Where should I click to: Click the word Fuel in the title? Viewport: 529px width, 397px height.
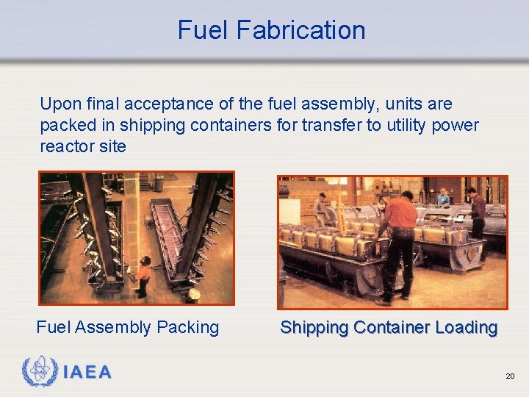pyautogui.click(x=200, y=30)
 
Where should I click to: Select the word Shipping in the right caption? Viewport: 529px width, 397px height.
pyautogui.click(x=312, y=327)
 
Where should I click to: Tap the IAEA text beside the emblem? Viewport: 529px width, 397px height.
pyautogui.click(x=87, y=373)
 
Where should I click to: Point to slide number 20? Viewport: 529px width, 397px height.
pyautogui.click(x=510, y=376)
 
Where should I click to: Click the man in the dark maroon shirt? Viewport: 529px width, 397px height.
pyautogui.click(x=477, y=210)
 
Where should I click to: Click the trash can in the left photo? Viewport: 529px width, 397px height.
pyautogui.click(x=192, y=296)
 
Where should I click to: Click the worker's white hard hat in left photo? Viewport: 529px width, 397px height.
pyautogui.click(x=146, y=259)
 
